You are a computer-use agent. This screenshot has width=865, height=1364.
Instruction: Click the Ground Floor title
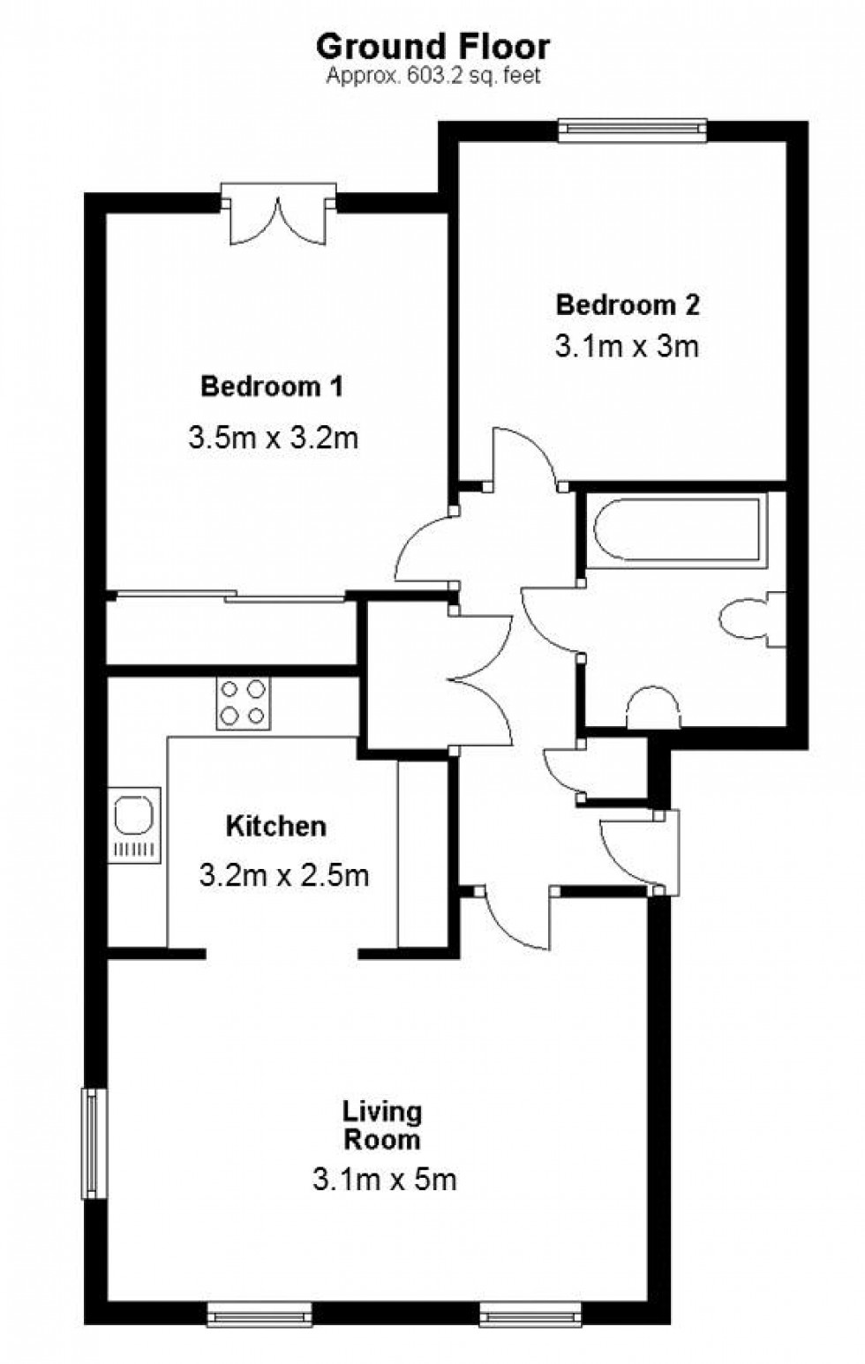[x=432, y=46]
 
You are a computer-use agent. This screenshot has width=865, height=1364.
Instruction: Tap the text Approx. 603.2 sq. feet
[x=432, y=77]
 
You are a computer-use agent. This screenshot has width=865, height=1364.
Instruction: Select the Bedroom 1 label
[x=272, y=386]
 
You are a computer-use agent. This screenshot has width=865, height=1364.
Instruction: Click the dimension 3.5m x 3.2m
[x=274, y=438]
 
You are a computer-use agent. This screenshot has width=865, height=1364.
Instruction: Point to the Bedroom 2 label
[x=628, y=305]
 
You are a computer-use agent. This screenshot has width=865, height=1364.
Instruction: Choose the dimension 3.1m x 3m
[x=627, y=346]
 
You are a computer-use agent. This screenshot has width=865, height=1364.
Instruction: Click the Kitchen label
[x=276, y=827]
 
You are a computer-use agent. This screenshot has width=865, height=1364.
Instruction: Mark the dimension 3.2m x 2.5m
[x=284, y=875]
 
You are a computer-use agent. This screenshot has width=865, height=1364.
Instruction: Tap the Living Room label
[x=382, y=1125]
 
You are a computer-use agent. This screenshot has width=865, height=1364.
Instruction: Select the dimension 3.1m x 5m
[x=385, y=1179]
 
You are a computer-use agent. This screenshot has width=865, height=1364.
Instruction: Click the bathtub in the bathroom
[x=676, y=530]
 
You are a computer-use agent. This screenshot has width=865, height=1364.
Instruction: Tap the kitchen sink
[x=134, y=824]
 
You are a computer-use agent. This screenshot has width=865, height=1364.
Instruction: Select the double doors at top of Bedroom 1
[x=279, y=214]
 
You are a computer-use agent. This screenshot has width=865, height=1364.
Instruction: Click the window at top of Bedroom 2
[x=632, y=131]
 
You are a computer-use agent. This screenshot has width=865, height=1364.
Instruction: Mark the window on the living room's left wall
[x=93, y=1143]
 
